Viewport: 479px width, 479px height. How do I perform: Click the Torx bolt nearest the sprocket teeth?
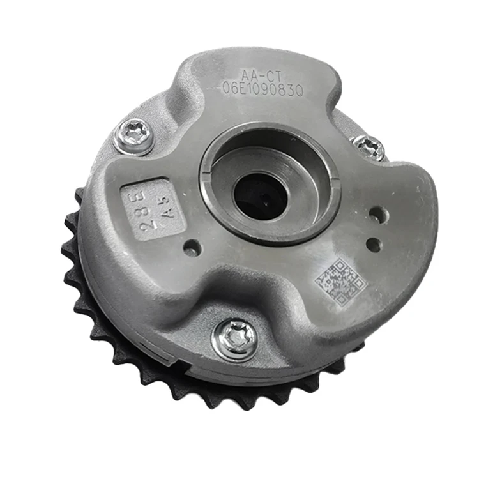[234, 338]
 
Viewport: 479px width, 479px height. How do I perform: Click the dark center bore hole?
[260, 195]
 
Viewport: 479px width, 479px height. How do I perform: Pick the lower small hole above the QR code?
[374, 244]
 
